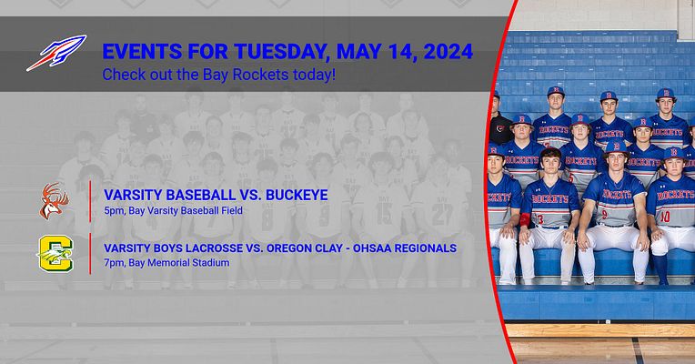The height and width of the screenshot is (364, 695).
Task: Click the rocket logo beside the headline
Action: pyautogui.click(x=55, y=53)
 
